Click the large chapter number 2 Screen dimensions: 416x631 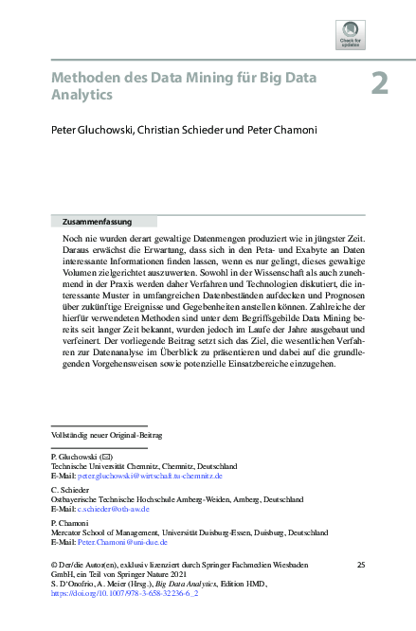[379, 82]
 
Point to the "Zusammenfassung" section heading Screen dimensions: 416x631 [94, 221]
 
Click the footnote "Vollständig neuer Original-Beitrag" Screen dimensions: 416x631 [106, 435]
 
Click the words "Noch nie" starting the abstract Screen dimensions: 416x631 [77, 241]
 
